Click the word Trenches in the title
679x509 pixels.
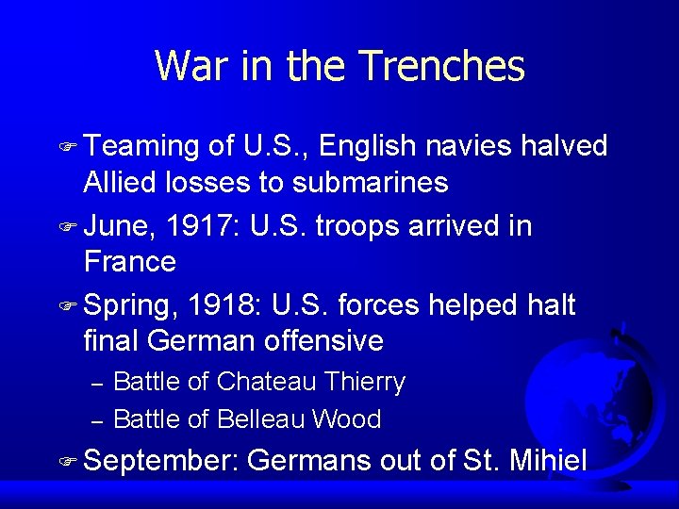tap(442, 66)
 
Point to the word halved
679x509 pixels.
tap(564, 147)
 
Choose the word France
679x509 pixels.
tap(130, 261)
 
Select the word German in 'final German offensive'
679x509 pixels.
tap(204, 340)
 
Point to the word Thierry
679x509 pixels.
tap(364, 382)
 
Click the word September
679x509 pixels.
tap(162, 462)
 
